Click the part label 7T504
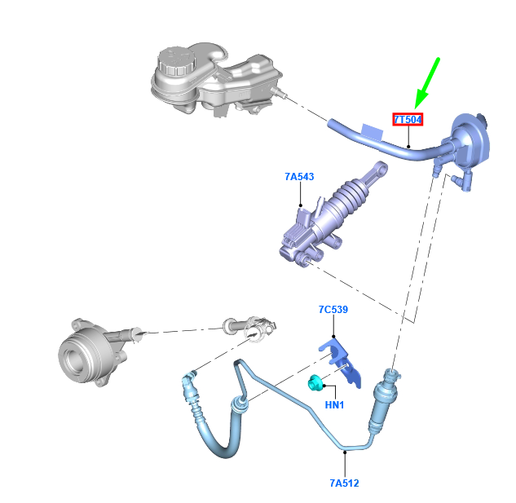click(x=408, y=120)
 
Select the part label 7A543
click(x=299, y=177)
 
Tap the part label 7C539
click(x=333, y=310)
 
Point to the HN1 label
click(x=334, y=404)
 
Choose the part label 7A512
click(x=344, y=483)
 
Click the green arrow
click(x=427, y=83)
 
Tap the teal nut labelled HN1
click(x=315, y=383)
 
